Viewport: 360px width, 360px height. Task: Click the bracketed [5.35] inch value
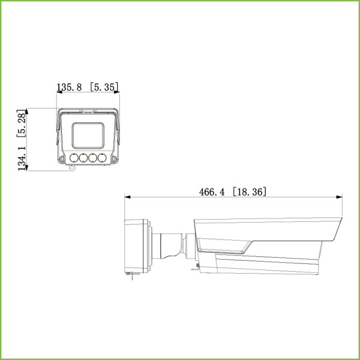pos(104,88)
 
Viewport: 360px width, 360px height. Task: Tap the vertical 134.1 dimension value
pos(22,157)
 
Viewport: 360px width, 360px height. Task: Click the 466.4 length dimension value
pos(212,192)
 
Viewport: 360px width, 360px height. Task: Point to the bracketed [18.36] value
pos(249,192)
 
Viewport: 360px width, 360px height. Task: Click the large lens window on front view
pos(88,135)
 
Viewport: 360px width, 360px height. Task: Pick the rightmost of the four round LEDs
pos(102,158)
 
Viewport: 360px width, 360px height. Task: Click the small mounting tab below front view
pos(72,169)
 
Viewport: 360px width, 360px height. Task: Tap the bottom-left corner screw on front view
pos(62,159)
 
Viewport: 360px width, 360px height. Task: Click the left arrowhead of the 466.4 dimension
pos(127,197)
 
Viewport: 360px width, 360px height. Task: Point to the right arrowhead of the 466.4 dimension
pos(340,197)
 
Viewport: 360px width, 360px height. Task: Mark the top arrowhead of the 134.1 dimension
pos(29,110)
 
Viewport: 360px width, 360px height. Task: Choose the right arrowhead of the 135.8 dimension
pos(118,92)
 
